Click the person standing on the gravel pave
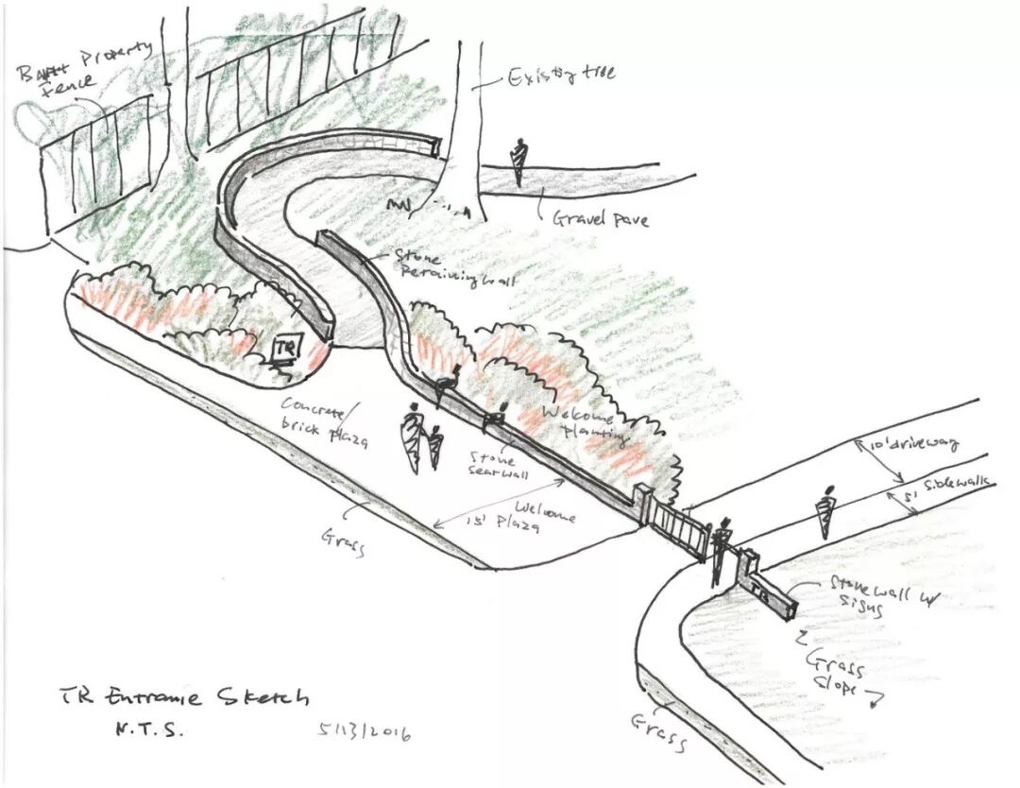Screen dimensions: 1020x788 [518, 162]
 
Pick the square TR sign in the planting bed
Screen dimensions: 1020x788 [285, 350]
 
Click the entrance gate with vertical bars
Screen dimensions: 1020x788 [677, 529]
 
